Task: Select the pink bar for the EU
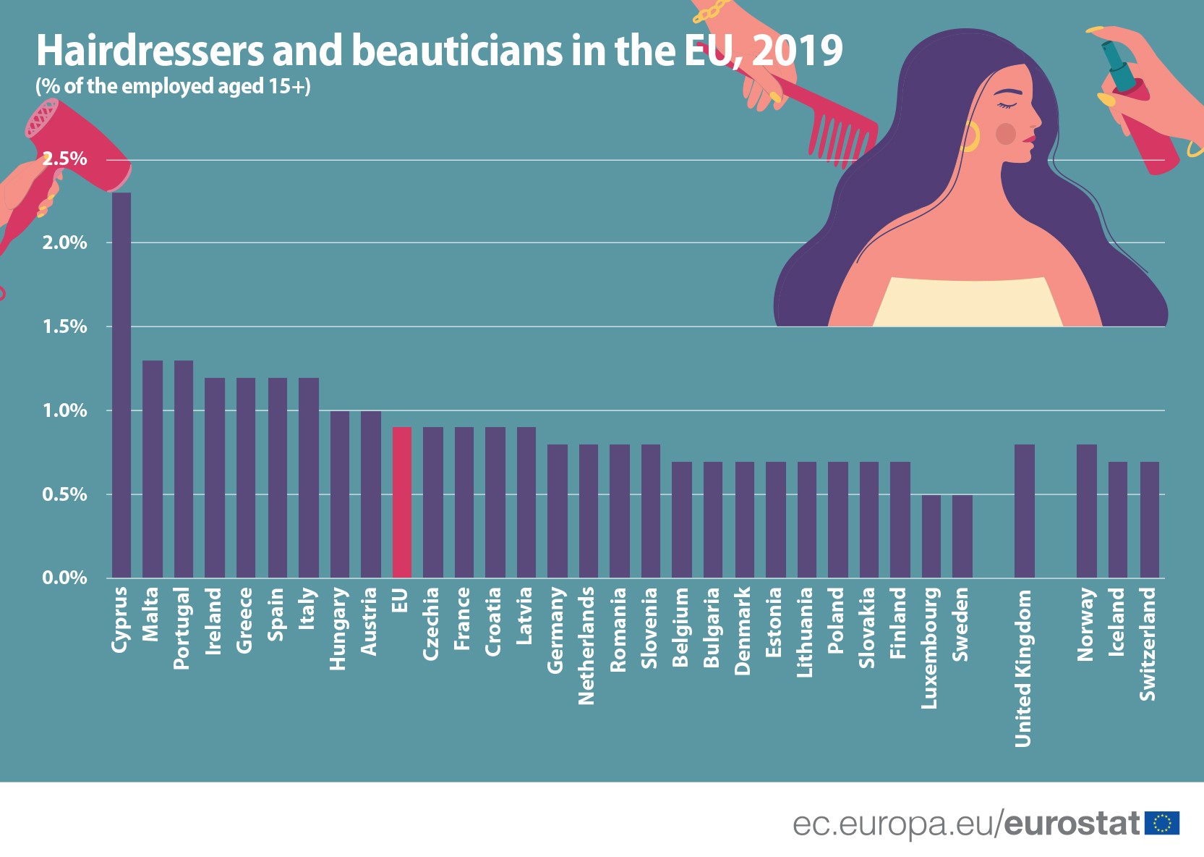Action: click(x=402, y=502)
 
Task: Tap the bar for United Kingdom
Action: click(x=1024, y=511)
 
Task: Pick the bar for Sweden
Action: click(x=962, y=536)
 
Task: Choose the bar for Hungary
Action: click(x=340, y=494)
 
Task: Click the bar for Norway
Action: click(x=1086, y=511)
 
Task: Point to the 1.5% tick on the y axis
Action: click(x=64, y=326)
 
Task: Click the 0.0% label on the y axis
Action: click(x=64, y=578)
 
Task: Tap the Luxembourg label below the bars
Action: click(x=930, y=647)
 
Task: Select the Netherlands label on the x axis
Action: click(x=587, y=645)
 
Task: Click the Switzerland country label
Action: click(x=1148, y=643)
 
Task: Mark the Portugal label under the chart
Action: click(x=182, y=628)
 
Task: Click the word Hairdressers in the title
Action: click(x=150, y=51)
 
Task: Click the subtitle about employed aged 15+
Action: click(x=173, y=87)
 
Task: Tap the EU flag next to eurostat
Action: click(x=1162, y=824)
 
